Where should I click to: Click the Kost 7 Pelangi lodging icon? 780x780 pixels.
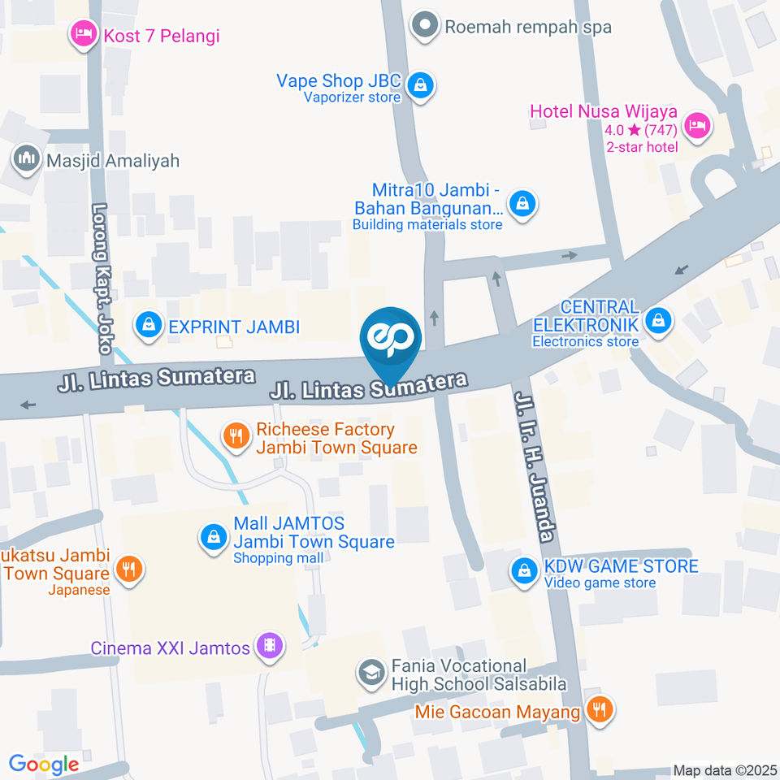click(x=81, y=34)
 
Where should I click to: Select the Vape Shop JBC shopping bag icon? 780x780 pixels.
click(x=420, y=84)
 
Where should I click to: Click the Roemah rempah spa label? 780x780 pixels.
click(x=528, y=27)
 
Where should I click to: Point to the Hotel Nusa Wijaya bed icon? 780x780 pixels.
click(x=696, y=125)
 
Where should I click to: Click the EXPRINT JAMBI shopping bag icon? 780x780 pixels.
click(x=148, y=326)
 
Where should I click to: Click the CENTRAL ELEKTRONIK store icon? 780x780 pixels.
click(x=656, y=321)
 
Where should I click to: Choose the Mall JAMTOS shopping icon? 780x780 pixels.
click(x=213, y=536)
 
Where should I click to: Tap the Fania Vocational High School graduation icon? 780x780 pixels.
click(x=371, y=673)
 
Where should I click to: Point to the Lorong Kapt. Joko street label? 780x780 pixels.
click(x=102, y=278)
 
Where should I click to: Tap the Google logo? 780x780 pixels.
click(x=44, y=764)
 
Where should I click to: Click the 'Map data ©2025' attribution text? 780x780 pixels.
click(x=726, y=770)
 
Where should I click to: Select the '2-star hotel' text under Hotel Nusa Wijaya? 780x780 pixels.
click(x=642, y=147)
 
